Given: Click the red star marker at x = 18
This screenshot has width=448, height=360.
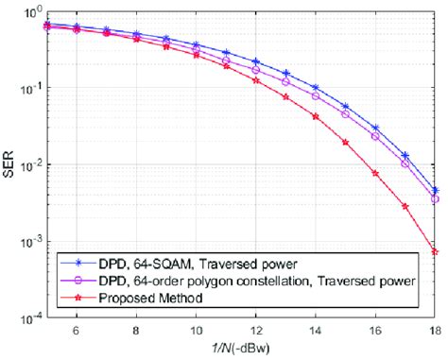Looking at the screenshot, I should [434, 252].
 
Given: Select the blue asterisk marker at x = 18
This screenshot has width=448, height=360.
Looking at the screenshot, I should [434, 190].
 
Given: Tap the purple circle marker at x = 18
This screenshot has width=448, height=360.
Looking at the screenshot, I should [434, 199].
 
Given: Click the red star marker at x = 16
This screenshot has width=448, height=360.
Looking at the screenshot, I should [375, 173].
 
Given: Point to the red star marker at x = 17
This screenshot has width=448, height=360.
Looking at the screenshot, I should [405, 206].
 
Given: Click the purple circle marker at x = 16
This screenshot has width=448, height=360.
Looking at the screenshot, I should [375, 136].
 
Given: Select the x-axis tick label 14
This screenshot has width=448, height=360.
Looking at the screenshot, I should [317, 333].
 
